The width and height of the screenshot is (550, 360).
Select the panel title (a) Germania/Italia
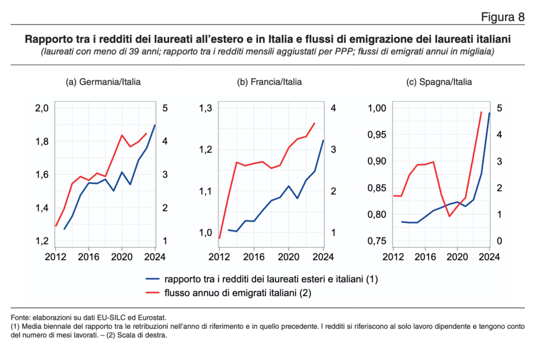click(103, 82)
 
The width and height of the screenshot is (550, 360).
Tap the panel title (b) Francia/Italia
click(269, 82)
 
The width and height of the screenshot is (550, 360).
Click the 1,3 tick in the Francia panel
click(206, 108)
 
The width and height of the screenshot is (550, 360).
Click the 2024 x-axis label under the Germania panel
click(155, 257)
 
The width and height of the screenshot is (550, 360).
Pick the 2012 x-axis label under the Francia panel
click(219, 257)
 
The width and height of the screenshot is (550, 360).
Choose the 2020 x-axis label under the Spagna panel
click(457, 257)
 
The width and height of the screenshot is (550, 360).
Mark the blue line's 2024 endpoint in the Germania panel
click(155, 125)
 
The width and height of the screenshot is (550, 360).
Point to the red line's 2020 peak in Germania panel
click(122, 135)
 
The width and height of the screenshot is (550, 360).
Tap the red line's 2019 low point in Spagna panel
click(450, 216)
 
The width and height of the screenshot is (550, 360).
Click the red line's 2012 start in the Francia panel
click(219, 238)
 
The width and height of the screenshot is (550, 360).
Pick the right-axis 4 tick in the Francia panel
click(333, 108)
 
